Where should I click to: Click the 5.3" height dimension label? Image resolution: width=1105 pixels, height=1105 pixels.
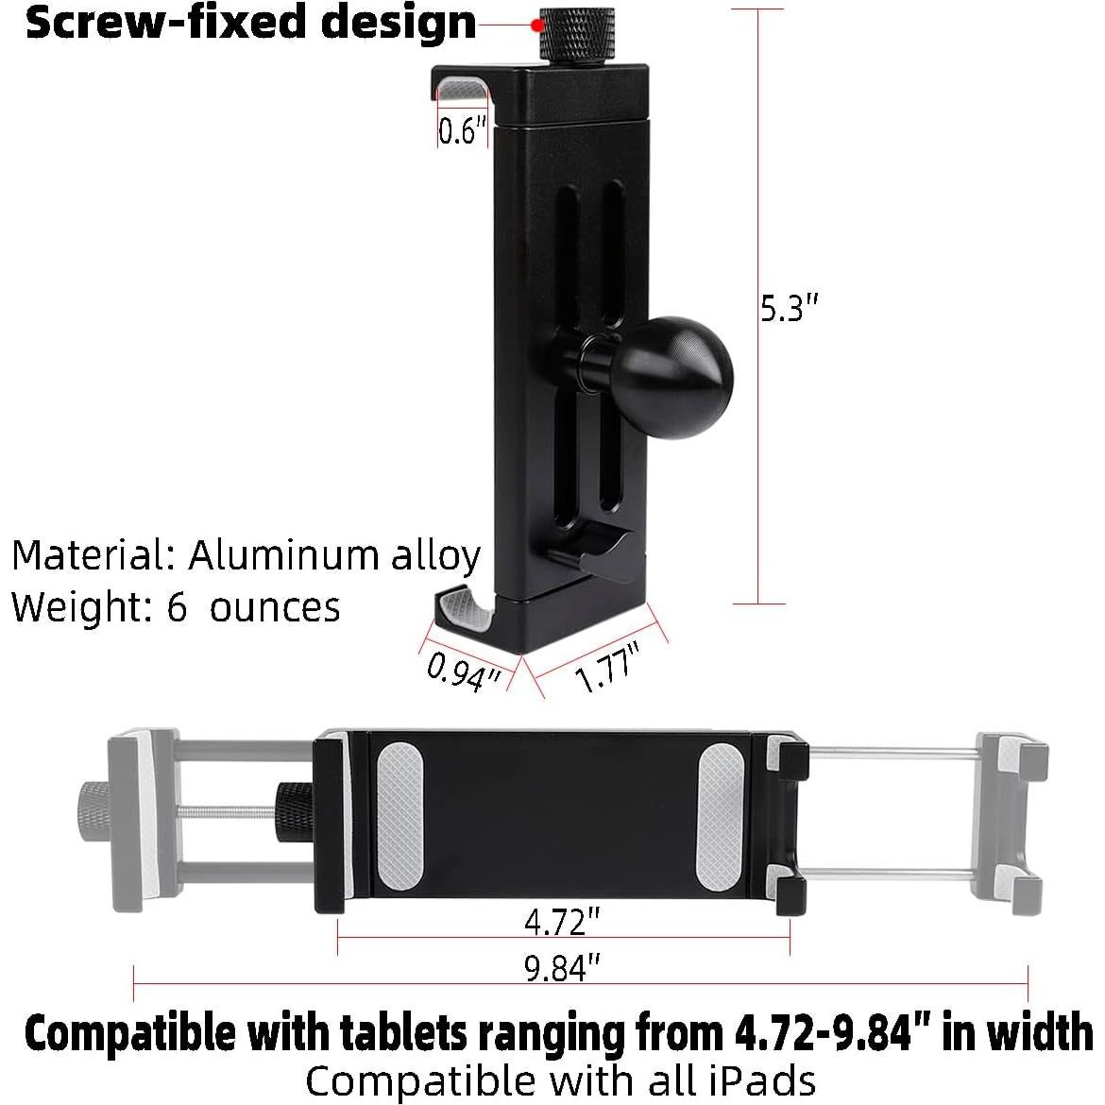click(788, 308)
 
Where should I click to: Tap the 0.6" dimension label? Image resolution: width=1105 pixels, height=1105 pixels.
click(462, 130)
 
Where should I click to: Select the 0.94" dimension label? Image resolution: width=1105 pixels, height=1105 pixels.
click(463, 671)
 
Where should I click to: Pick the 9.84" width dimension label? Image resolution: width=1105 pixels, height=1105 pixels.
click(563, 968)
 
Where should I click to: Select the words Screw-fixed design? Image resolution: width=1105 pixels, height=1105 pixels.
click(250, 23)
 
